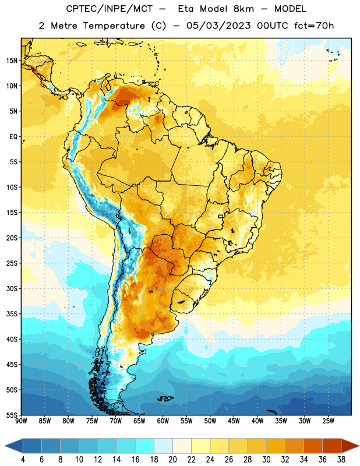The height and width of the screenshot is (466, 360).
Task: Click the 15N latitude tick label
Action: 12,61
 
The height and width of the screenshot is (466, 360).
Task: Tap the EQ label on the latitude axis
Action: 13,137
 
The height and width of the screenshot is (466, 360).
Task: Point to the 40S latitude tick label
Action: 12,339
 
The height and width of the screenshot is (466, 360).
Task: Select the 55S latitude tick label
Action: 12,415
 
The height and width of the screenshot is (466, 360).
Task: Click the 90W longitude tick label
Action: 21,421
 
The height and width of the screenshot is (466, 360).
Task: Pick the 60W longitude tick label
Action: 163,421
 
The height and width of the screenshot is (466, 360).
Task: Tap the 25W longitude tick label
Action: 328,421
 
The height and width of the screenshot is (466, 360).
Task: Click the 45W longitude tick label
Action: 234,421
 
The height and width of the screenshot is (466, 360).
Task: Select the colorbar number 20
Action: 172,460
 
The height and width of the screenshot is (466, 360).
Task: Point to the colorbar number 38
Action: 341,460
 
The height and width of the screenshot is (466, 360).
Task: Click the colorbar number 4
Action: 23,460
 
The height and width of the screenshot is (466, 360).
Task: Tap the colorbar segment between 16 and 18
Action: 145,446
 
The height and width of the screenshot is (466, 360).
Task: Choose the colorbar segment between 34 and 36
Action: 313,446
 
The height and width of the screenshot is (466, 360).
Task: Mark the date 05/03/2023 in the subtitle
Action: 218,26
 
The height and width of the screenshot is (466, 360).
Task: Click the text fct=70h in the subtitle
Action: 314,26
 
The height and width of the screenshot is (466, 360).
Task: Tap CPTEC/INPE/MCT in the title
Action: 110,9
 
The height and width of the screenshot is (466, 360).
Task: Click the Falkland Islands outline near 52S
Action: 165,398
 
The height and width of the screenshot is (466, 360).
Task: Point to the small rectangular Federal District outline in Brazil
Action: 221,216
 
